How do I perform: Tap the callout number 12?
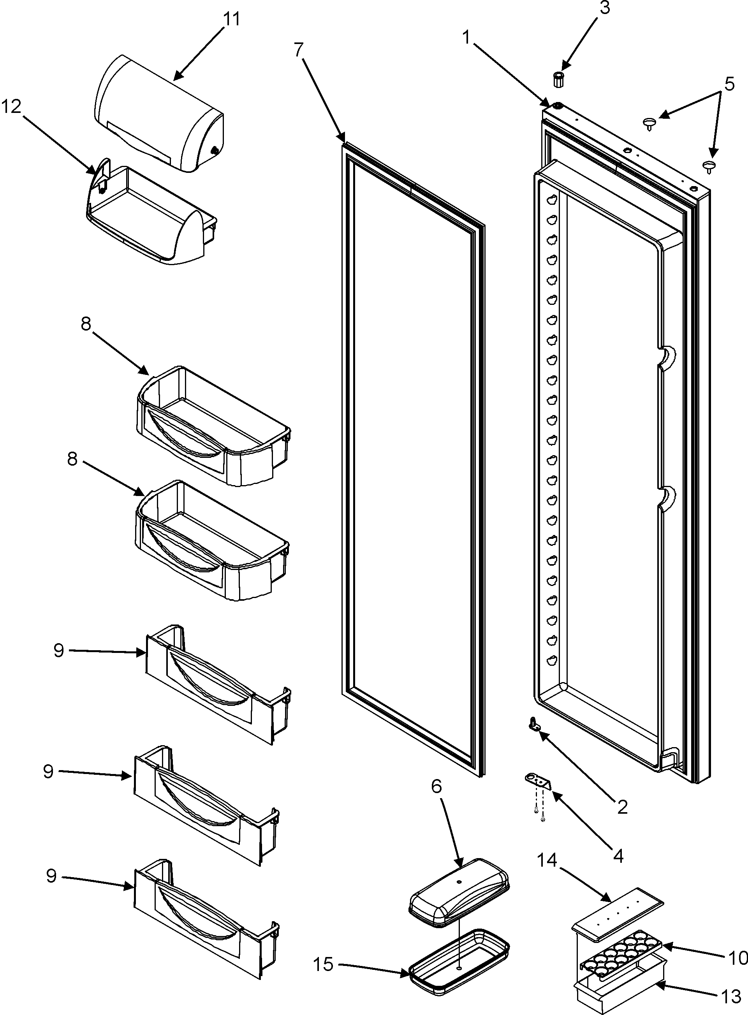click(x=11, y=107)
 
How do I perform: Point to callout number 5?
click(x=729, y=84)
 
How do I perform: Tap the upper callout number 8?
click(x=86, y=324)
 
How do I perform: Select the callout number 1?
click(x=466, y=38)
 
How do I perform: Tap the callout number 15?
click(x=324, y=962)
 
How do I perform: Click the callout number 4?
click(x=618, y=856)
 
